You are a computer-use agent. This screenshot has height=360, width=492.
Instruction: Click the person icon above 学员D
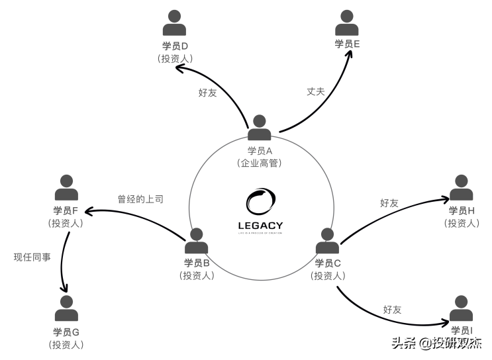pyautogui.click(x=175, y=24)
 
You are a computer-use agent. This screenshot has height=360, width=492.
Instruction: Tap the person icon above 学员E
pyautogui.click(x=347, y=22)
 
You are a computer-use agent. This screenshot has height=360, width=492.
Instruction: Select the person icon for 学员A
pyautogui.click(x=260, y=128)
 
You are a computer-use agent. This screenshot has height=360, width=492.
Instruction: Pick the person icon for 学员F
pyautogui.click(x=66, y=188)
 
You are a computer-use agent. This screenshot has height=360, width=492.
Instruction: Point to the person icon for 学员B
pyautogui.click(x=197, y=241)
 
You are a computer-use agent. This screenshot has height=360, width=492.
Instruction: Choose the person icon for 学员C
pyautogui.click(x=328, y=241)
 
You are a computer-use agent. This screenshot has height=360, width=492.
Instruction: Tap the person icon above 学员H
pyautogui.click(x=462, y=188)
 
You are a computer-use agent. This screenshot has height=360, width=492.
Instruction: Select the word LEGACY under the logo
pyautogui.click(x=260, y=225)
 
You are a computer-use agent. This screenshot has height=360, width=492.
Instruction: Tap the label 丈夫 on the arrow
pyautogui.click(x=315, y=91)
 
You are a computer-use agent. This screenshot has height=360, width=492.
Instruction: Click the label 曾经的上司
pyautogui.click(x=140, y=199)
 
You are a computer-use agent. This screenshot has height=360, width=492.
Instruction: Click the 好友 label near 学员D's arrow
pyautogui.click(x=207, y=93)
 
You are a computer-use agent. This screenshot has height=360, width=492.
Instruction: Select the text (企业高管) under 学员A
pyautogui.click(x=260, y=163)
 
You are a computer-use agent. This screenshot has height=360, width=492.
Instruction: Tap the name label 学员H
pyautogui.click(x=462, y=210)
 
